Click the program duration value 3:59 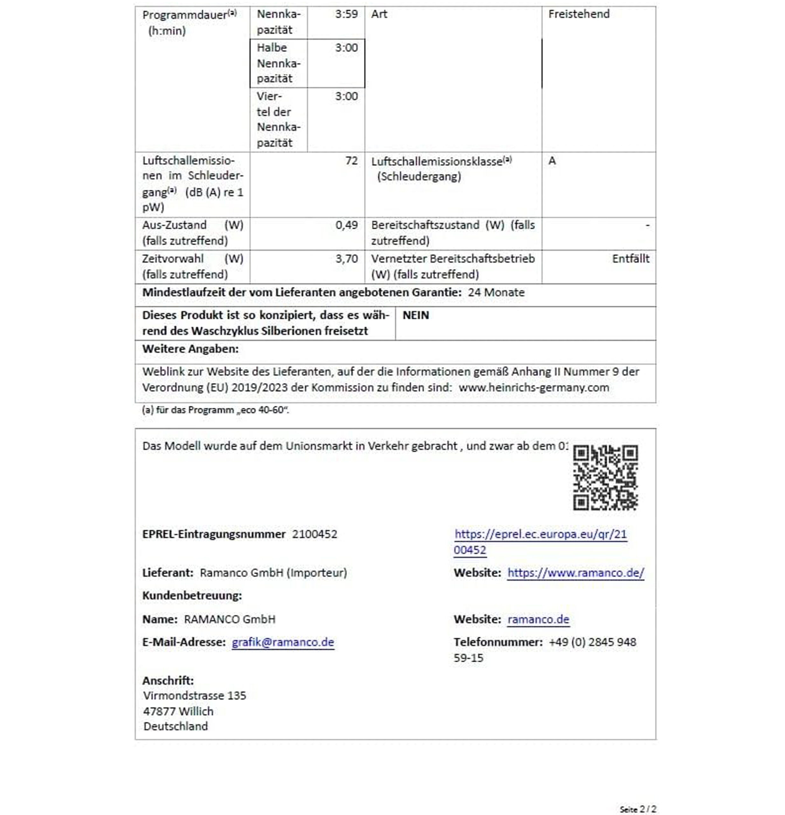coord(346,14)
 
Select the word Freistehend coord(578,14)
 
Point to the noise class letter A coord(552,161)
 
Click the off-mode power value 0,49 coord(346,225)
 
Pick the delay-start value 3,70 coord(346,259)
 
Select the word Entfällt coord(630,259)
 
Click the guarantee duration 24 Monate coord(496,292)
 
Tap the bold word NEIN coord(415,315)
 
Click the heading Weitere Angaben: coord(190,349)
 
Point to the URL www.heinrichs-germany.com coord(533,387)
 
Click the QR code coord(605,477)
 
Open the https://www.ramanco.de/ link coord(575,573)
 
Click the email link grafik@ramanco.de coord(282,642)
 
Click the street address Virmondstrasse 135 coord(194,695)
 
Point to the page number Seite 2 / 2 coord(637,809)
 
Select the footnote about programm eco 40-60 coord(215,410)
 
